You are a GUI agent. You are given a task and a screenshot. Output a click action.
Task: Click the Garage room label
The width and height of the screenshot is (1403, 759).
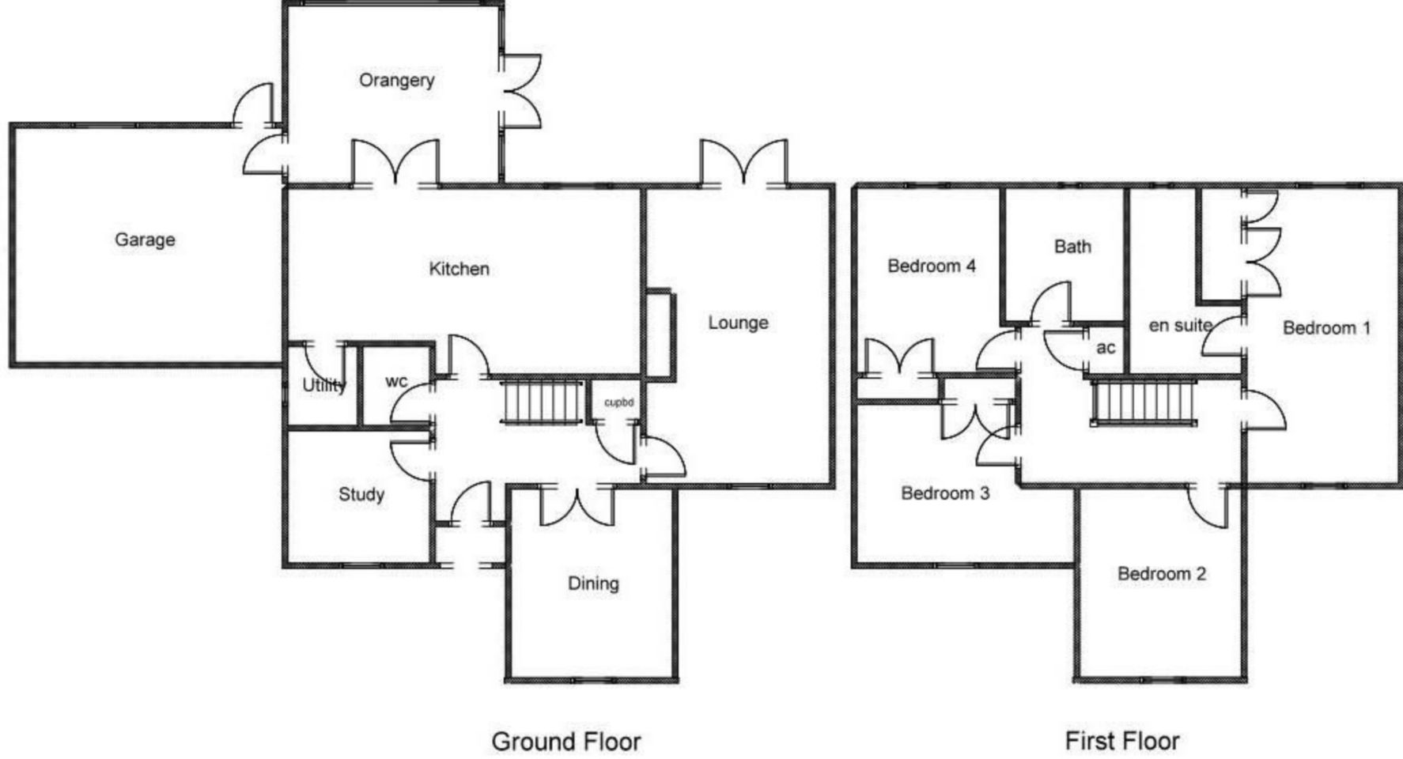pos(145,240)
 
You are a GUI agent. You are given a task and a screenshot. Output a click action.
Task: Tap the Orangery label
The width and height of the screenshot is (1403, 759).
pos(396,81)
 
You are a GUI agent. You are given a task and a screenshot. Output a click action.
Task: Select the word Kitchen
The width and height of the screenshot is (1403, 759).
pos(459,269)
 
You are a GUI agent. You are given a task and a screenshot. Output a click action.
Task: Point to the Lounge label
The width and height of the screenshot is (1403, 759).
pos(738,323)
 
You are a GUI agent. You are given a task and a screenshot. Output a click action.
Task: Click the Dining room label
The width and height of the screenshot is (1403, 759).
pos(593,583)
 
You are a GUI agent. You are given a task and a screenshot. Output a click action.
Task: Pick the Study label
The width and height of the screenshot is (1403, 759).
pos(361,494)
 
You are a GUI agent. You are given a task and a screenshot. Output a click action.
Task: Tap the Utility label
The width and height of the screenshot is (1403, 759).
pos(324,385)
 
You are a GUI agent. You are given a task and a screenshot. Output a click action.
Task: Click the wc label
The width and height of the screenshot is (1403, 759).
pos(396,382)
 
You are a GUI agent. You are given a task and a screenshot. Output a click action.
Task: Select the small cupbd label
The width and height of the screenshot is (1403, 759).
pos(618,402)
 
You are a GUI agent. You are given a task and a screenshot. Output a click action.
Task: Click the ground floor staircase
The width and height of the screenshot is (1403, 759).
pos(543,402)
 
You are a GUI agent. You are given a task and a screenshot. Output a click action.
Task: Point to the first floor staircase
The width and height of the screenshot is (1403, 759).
pos(1144,402)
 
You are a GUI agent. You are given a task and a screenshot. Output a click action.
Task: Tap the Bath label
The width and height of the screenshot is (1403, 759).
pos(1072,247)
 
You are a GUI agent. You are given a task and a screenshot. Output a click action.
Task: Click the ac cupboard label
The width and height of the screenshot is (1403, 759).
pos(1106,348)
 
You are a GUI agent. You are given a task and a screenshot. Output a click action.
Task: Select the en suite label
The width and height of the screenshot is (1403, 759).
pos(1180,325)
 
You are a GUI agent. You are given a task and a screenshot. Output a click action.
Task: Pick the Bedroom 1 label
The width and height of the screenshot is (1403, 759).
pos(1326,327)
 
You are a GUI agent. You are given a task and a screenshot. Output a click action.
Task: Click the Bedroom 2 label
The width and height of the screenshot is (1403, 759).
pos(1161,573)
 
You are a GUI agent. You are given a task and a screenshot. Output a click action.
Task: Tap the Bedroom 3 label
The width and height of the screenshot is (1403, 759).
pos(945,493)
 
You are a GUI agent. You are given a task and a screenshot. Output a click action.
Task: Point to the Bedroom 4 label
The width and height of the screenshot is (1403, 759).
pos(932,266)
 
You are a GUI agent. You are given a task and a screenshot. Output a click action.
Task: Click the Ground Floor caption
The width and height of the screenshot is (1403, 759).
pos(566,742)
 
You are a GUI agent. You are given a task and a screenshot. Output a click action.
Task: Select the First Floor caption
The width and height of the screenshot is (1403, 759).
pos(1122,741)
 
